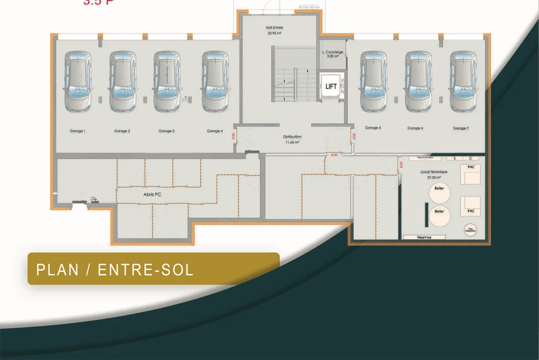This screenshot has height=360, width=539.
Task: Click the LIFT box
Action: [x=331, y=86]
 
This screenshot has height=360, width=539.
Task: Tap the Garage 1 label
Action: [x=77, y=131]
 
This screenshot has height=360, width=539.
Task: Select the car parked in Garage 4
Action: [x=215, y=82]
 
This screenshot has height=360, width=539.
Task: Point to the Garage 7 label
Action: [x=460, y=128]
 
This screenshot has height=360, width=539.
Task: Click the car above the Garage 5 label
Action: [x=373, y=82]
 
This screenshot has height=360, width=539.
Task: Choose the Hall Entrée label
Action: [x=274, y=28]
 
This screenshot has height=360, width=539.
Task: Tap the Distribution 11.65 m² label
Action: [x=292, y=139]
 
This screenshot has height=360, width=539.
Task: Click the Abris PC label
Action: [x=152, y=195]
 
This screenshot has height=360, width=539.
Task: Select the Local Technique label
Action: [x=433, y=172]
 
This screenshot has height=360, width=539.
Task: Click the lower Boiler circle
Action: [x=439, y=216]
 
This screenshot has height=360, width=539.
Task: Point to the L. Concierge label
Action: [x=333, y=52]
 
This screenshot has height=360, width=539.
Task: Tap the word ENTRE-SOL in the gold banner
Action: [x=145, y=270]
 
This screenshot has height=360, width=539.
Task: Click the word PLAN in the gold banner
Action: [x=57, y=270]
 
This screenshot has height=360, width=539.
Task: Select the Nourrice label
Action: [x=424, y=237]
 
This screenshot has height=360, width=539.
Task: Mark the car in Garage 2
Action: [x=122, y=82]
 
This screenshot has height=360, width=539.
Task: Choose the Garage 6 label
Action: [x=415, y=128]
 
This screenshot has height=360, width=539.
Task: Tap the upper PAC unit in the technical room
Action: [x=470, y=174]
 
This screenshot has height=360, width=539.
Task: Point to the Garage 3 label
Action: [x=166, y=131]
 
